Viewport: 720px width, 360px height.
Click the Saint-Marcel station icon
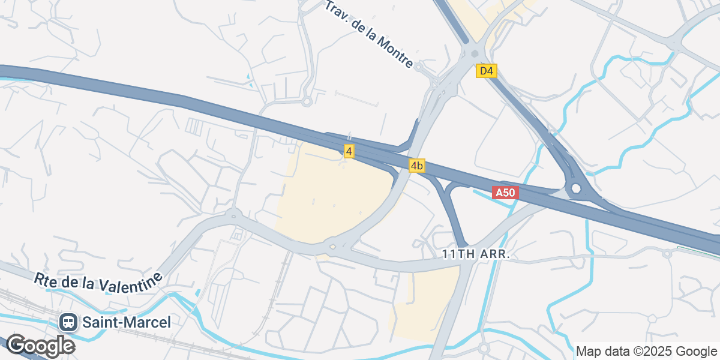coord(68,322)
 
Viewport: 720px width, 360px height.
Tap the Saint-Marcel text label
coord(127,322)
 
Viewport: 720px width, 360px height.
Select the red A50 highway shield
coord(505,193)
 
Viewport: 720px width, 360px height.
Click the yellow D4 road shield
coord(487,71)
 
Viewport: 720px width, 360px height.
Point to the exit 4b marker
coord(417,166)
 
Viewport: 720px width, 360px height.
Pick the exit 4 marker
coord(349,151)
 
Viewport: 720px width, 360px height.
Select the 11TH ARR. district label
coord(476,254)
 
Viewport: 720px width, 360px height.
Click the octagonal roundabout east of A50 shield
coord(577,188)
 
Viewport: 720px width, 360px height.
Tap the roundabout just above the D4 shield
coord(475,52)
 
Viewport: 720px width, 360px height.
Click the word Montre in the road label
coord(395,52)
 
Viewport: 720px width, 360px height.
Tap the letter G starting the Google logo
coord(17,346)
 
